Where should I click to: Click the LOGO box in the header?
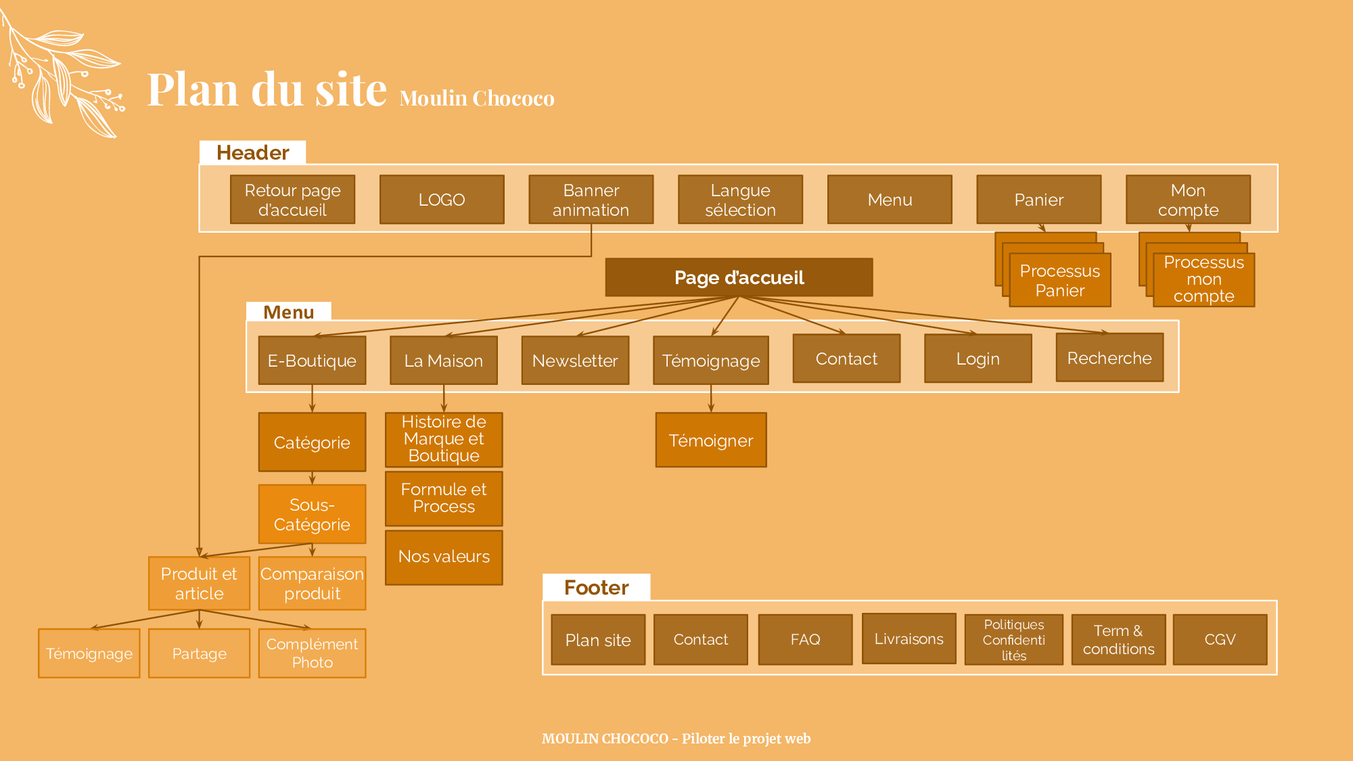(442, 200)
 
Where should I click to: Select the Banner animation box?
(591, 200)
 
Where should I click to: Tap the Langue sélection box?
(740, 200)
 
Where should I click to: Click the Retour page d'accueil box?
(292, 200)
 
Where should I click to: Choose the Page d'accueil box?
(739, 277)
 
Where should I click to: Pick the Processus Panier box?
(1060, 280)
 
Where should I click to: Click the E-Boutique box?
(312, 361)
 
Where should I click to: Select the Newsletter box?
(575, 361)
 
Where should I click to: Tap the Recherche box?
(1109, 358)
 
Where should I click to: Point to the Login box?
(978, 359)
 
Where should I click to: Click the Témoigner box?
(711, 440)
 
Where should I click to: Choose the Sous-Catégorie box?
(312, 514)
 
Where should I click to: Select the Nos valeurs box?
(444, 557)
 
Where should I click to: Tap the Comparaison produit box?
(312, 583)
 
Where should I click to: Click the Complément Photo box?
(312, 653)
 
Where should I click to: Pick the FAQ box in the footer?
(805, 639)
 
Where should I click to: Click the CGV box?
(1220, 639)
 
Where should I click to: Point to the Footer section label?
(596, 587)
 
